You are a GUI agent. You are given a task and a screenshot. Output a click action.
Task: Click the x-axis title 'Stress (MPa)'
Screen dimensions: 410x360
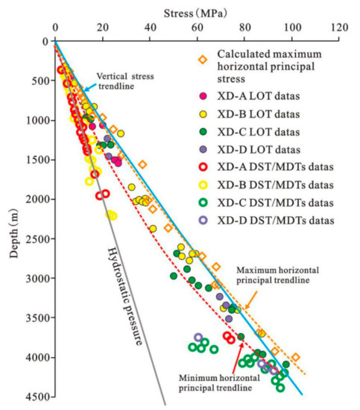click(x=196, y=11)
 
